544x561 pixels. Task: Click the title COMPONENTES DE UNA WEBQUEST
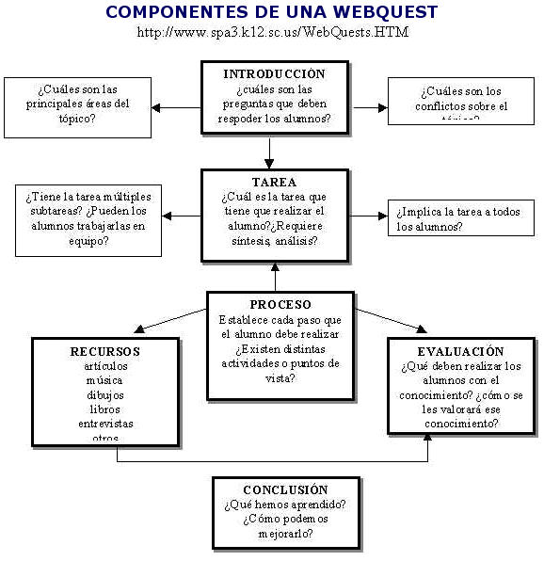click(271, 13)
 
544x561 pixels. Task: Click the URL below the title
click(272, 32)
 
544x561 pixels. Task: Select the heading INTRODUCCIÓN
click(274, 73)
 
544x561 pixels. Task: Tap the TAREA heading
click(274, 182)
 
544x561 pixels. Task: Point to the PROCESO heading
click(280, 305)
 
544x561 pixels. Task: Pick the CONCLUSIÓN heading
click(285, 489)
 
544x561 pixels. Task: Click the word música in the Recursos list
click(104, 380)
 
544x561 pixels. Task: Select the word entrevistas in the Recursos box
click(105, 424)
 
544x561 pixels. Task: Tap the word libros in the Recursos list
click(104, 409)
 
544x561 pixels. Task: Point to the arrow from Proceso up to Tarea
click(275, 277)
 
